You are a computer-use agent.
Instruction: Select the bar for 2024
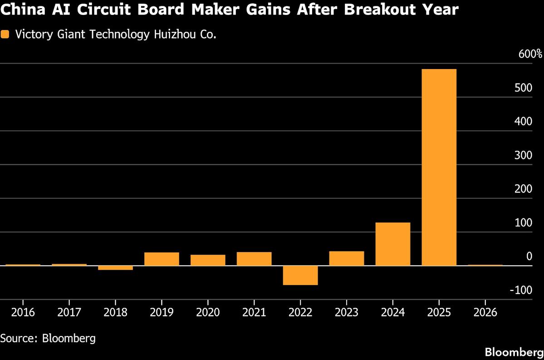pos(392,244)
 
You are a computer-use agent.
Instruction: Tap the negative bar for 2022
pos(300,275)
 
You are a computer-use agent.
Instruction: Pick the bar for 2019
pos(162,259)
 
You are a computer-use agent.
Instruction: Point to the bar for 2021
pos(254,259)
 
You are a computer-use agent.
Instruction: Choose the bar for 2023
pos(347,258)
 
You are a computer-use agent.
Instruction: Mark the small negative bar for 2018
pos(115,268)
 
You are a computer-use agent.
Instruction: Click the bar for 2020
pos(208,260)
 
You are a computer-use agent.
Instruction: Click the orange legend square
pos(5,34)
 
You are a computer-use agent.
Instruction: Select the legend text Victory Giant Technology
pos(82,35)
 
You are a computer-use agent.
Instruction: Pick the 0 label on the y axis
pos(529,256)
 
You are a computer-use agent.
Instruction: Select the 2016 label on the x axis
pos(23,313)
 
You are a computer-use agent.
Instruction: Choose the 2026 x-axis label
pos(485,313)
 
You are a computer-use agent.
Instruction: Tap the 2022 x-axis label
pos(300,313)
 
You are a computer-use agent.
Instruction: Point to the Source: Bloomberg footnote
pos(48,338)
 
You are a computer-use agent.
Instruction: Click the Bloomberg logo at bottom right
pos(514,352)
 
